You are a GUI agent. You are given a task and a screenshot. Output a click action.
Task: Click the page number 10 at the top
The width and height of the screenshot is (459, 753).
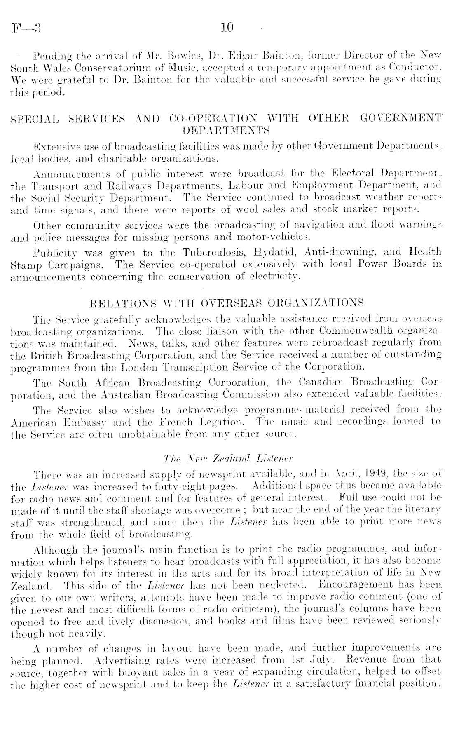pos(227,28)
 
